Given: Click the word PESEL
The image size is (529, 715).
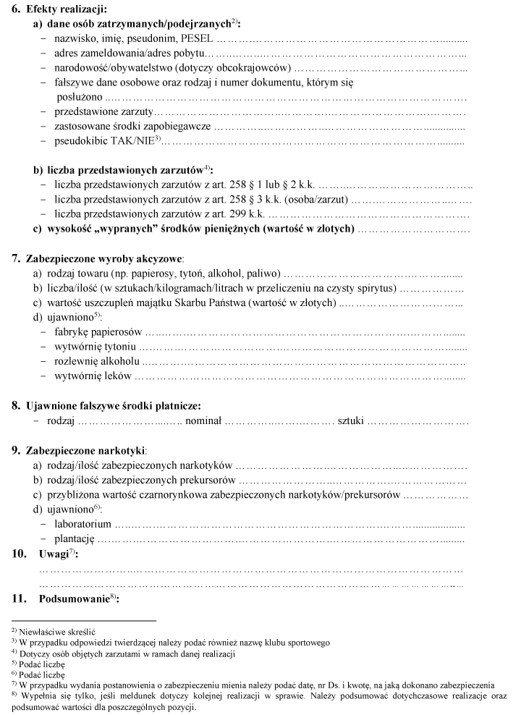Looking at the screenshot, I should pos(197,38).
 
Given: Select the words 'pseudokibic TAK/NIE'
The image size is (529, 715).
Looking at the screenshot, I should pos(103,140).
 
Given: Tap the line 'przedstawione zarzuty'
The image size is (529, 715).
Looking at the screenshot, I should pos(103,111).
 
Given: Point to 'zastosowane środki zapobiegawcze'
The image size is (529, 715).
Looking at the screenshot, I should pos(132,126).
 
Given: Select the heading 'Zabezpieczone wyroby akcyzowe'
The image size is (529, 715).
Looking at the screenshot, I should pos(104,258).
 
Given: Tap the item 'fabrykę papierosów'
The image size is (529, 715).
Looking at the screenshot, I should pos(98,332).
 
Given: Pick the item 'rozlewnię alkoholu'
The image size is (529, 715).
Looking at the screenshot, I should pos(96,361).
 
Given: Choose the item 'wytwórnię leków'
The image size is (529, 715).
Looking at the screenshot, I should pos(93,376).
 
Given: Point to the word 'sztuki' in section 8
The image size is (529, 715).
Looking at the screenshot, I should pos(351,420).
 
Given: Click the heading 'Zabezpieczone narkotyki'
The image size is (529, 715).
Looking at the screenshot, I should pos(86,450).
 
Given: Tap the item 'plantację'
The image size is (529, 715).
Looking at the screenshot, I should pos(75,538).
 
